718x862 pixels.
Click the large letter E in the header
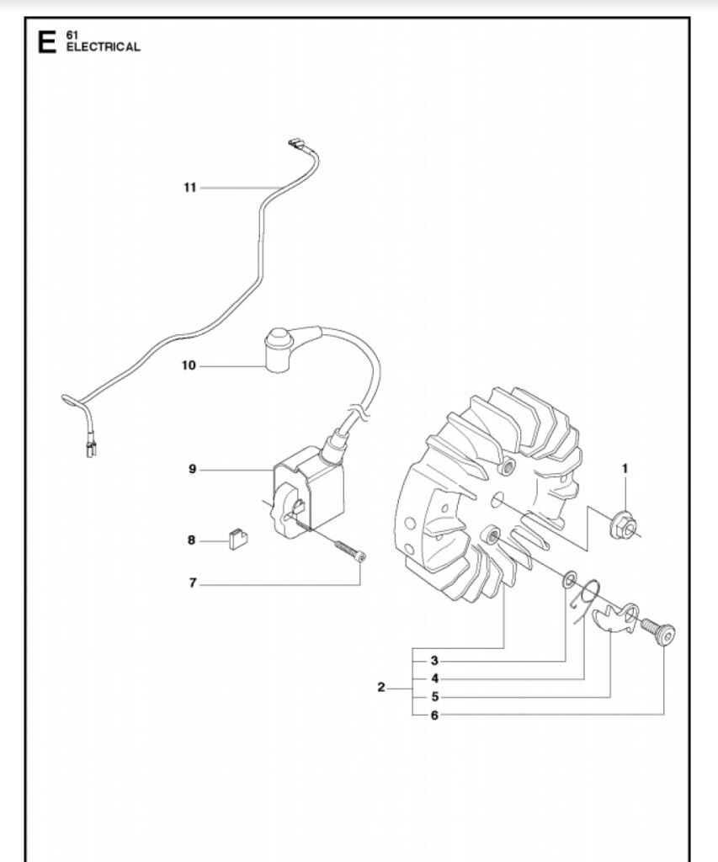(x=47, y=42)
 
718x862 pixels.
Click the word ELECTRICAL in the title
(x=104, y=47)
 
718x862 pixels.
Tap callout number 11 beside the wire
(x=189, y=188)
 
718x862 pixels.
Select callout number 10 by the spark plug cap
(x=189, y=365)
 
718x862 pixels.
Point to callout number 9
(x=193, y=470)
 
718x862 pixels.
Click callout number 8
(x=191, y=540)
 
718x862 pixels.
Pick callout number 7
(x=193, y=583)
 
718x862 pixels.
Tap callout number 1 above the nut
(x=625, y=469)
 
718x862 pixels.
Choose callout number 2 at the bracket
(x=381, y=688)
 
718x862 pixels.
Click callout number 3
(x=434, y=661)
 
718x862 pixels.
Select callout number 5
(x=435, y=697)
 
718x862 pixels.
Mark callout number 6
(x=434, y=716)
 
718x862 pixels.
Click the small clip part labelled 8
(x=237, y=539)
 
